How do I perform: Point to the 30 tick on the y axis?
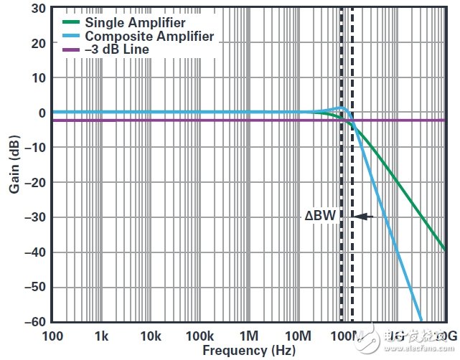point(38,9)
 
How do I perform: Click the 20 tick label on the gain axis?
point(38,43)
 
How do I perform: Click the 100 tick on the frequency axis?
point(52,336)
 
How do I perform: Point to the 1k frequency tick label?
point(101,336)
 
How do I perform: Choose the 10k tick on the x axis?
point(150,336)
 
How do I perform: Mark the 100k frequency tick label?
point(200,336)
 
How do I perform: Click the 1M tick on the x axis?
point(248,336)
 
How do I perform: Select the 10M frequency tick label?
point(297,336)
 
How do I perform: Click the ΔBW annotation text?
point(320,214)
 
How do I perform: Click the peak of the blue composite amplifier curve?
point(342,108)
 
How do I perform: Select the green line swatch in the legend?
point(70,22)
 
